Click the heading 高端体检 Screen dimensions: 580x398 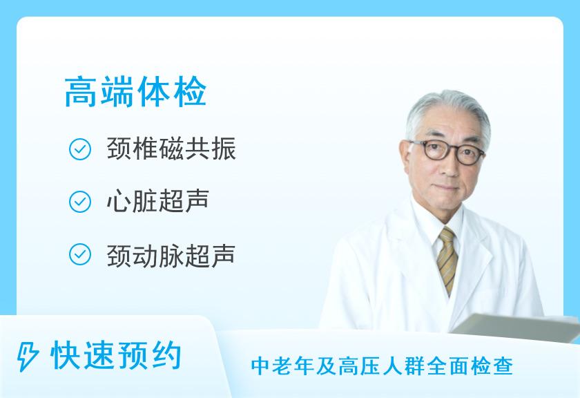click(x=135, y=92)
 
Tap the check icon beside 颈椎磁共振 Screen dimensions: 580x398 click(x=80, y=149)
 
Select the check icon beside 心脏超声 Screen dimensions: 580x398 click(x=80, y=202)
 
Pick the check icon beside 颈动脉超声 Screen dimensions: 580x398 click(x=80, y=254)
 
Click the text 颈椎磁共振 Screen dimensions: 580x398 click(x=171, y=149)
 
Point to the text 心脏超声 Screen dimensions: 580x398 click(x=158, y=201)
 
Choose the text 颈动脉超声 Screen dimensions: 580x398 click(x=171, y=256)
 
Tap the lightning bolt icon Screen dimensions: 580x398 click(x=27, y=357)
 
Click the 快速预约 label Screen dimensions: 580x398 click(x=116, y=356)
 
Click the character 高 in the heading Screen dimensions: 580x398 click(x=81, y=92)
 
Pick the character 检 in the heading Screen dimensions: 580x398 click(x=189, y=92)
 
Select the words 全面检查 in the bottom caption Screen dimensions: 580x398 click(x=470, y=366)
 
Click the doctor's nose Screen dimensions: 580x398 click(x=447, y=169)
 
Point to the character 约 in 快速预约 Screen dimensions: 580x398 click(x=166, y=356)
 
